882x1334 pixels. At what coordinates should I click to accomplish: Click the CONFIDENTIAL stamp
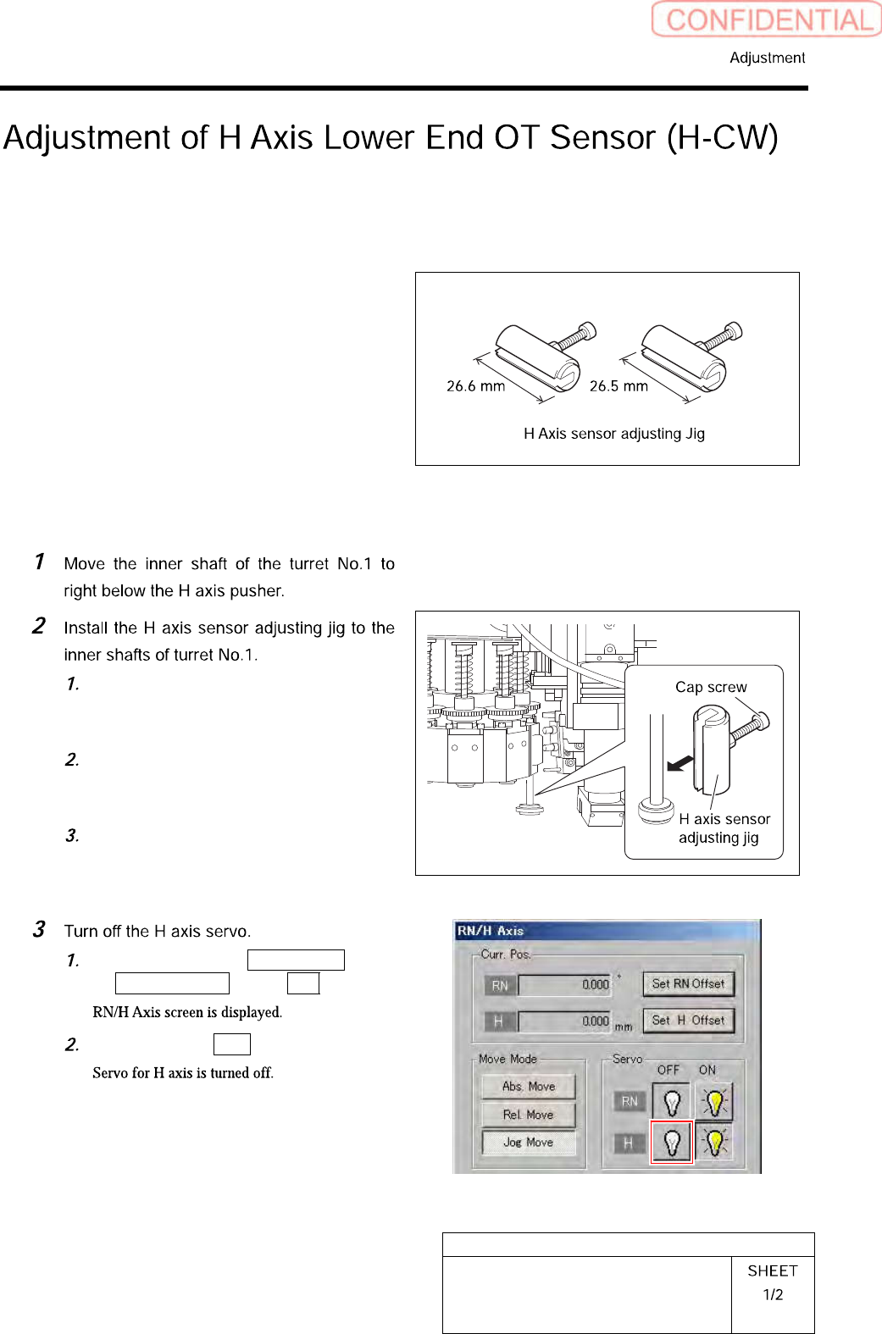[x=767, y=19]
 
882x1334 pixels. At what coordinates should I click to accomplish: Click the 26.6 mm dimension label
[x=475, y=386]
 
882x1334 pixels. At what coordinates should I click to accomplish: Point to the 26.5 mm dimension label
[x=619, y=386]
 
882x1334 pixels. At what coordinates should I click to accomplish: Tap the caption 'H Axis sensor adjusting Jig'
[x=614, y=434]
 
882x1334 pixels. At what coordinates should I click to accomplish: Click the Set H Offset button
[x=688, y=1021]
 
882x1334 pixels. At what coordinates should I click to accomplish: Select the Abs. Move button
[x=529, y=1087]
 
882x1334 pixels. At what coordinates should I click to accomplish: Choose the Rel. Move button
[x=528, y=1115]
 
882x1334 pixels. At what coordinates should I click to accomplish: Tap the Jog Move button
[x=528, y=1143]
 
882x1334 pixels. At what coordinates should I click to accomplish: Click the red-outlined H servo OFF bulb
[x=672, y=1143]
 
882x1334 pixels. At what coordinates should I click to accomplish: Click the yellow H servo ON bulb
[x=714, y=1143]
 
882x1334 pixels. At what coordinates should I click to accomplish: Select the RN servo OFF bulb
[x=672, y=1102]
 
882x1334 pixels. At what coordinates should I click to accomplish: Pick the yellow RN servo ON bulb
[x=714, y=1102]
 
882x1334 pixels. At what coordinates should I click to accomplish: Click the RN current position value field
[x=564, y=985]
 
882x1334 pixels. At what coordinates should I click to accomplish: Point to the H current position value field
[x=564, y=1021]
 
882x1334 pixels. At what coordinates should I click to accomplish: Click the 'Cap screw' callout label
[x=711, y=687]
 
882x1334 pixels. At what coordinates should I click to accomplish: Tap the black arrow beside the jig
[x=680, y=764]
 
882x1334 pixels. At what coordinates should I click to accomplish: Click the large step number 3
[x=39, y=929]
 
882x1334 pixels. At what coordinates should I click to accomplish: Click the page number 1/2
[x=773, y=1294]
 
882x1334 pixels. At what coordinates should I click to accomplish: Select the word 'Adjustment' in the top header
[x=767, y=58]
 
